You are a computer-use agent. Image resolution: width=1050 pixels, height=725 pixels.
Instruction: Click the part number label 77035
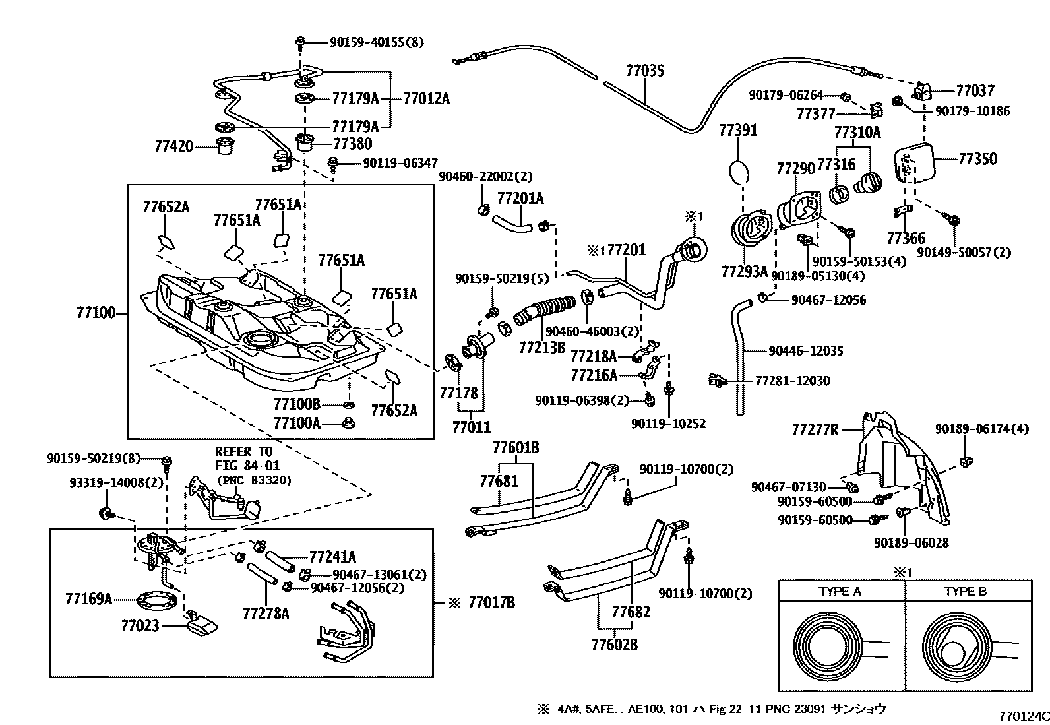[644, 71]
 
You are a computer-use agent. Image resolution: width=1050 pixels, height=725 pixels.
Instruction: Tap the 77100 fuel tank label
[96, 313]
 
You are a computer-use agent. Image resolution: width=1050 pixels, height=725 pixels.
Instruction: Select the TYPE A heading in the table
[840, 591]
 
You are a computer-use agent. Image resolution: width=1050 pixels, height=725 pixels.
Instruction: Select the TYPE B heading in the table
[966, 591]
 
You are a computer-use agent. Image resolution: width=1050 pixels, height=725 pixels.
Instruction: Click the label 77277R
[815, 431]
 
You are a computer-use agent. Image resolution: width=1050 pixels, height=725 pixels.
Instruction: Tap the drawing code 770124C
[1022, 715]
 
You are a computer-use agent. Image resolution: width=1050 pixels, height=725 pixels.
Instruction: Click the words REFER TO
[243, 451]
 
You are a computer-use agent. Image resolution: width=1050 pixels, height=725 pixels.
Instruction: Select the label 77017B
[491, 602]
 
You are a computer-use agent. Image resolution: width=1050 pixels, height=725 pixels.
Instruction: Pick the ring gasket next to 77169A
[156, 601]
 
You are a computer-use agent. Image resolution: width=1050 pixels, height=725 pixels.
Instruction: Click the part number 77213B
[541, 347]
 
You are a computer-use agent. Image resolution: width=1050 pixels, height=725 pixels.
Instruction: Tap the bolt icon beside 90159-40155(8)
[300, 42]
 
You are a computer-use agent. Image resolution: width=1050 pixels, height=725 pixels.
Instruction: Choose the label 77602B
[614, 645]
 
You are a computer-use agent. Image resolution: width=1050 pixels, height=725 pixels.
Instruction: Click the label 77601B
[515, 449]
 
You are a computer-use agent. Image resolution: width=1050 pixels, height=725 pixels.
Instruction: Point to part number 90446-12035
[805, 351]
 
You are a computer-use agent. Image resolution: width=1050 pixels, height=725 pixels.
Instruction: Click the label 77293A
[744, 271]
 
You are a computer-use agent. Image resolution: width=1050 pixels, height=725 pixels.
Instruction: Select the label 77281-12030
[792, 381]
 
